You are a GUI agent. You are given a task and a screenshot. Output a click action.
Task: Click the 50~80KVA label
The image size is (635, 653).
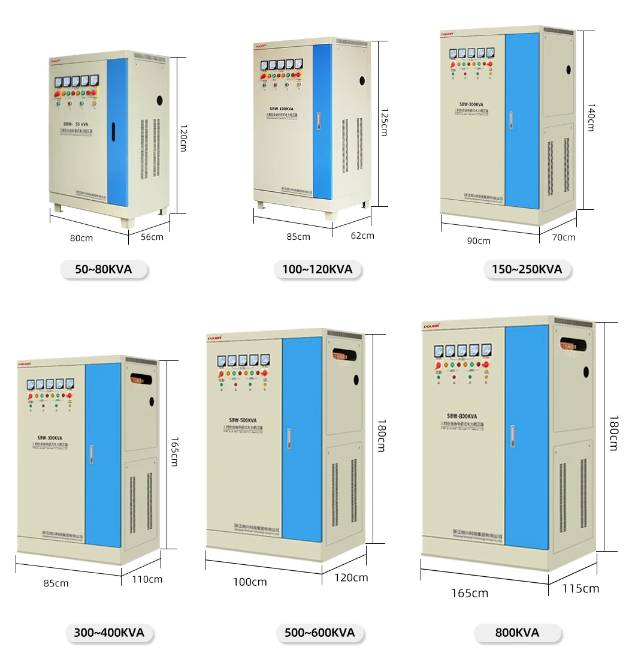click(104, 270)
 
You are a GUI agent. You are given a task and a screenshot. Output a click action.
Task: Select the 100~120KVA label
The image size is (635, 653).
click(317, 270)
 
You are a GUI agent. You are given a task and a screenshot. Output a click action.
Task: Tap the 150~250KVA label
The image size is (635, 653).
click(527, 270)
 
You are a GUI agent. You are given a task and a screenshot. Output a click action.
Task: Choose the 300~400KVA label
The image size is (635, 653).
click(109, 633)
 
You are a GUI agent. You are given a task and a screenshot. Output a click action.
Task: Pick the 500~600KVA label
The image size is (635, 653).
click(319, 633)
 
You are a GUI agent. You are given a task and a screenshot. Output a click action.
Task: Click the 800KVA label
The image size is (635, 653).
click(517, 633)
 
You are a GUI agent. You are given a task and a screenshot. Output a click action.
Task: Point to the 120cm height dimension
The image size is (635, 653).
click(183, 137)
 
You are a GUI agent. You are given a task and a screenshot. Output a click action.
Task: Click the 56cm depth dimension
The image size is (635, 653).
click(152, 237)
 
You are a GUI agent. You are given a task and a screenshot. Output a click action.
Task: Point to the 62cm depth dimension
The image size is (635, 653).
click(362, 236)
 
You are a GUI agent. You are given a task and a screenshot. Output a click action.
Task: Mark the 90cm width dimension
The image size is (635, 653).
click(478, 241)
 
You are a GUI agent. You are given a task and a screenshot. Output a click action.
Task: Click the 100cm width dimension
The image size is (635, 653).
click(250, 582)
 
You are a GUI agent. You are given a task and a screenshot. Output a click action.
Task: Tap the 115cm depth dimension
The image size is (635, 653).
click(580, 589)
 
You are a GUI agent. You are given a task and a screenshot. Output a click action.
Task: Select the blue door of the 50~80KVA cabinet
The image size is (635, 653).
click(117, 132)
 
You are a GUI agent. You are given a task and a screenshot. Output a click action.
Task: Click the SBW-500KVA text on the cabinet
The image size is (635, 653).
click(242, 420)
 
